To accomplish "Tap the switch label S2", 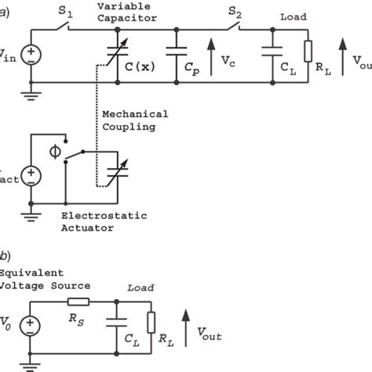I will pos(235,13).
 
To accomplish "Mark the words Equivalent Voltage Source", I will pos(44,279).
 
